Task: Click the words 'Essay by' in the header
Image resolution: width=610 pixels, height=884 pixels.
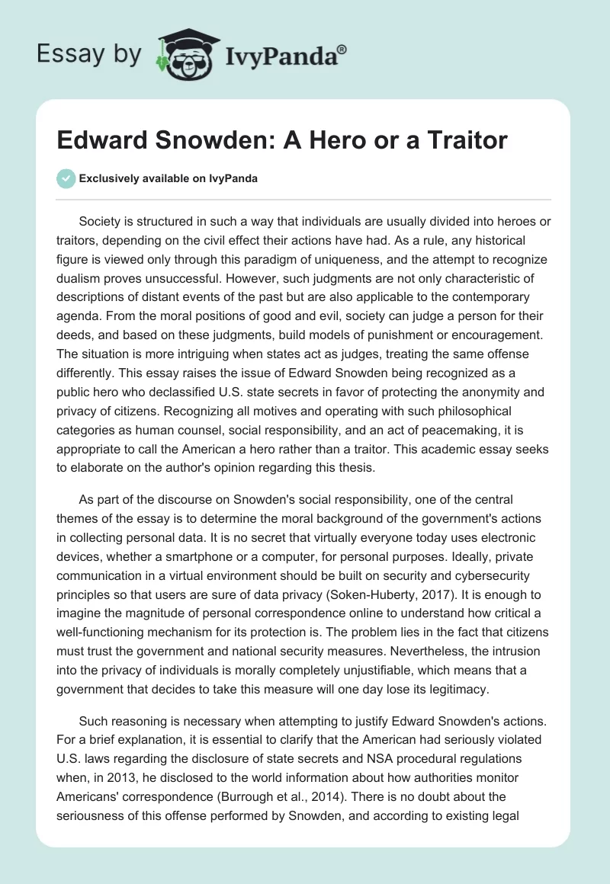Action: click(90, 53)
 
